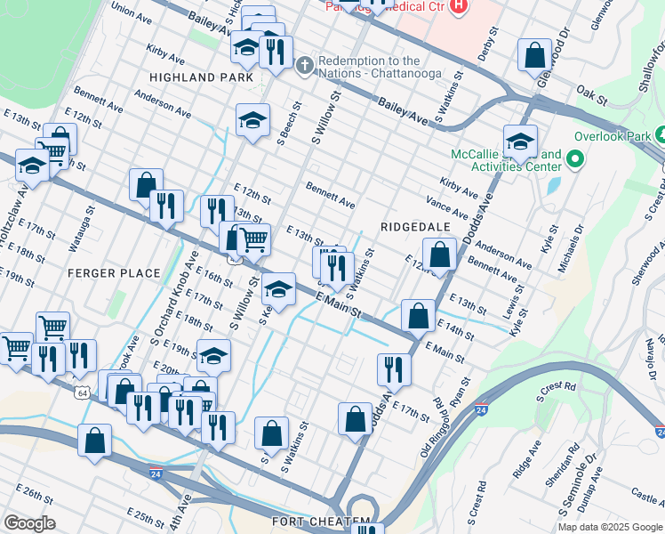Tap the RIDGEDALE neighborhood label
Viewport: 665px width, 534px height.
pos(414,227)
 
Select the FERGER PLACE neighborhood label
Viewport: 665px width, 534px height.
pos(115,273)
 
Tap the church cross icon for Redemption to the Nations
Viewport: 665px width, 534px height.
pos(304,64)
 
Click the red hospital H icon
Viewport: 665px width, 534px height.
pos(458,7)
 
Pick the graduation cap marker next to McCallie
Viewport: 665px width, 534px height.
pos(520,141)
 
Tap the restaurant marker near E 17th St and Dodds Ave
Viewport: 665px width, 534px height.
pos(392,369)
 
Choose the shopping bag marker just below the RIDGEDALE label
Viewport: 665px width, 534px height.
pos(439,255)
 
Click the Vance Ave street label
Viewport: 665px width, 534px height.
pos(447,208)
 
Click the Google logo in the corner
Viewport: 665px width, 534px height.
pos(30,523)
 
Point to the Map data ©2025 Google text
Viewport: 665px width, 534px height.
pos(609,527)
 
